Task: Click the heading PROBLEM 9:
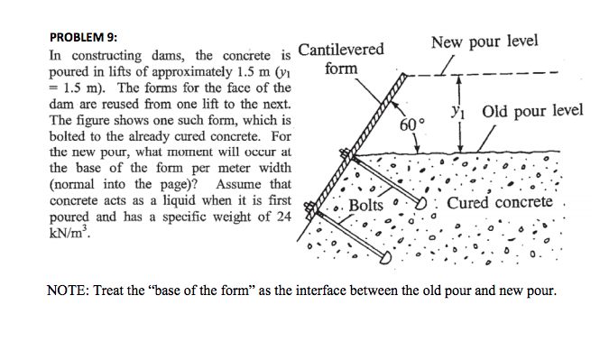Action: (83, 37)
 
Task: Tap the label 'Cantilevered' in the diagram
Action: (341, 50)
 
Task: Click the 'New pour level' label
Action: (484, 42)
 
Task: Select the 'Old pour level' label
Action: (532, 112)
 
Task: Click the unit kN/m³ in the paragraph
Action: (69, 231)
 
